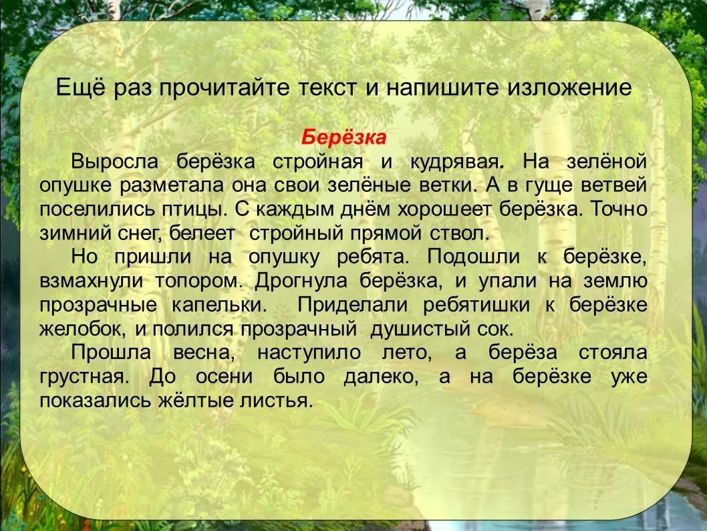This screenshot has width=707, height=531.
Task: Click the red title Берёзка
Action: pyautogui.click(x=343, y=136)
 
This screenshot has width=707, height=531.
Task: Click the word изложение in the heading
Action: pyautogui.click(x=570, y=87)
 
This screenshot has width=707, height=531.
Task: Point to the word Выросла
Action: pyautogui.click(x=114, y=162)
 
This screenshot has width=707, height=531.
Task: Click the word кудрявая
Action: pyautogui.click(x=456, y=162)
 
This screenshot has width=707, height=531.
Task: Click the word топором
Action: pyautogui.click(x=199, y=281)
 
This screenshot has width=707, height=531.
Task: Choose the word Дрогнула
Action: pyautogui.click(x=301, y=281)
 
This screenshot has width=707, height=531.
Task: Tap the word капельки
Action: pyautogui.click(x=220, y=305)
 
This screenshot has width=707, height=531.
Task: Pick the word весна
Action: pyautogui.click(x=204, y=353)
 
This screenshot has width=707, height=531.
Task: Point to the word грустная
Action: pyautogui.click(x=84, y=377)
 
